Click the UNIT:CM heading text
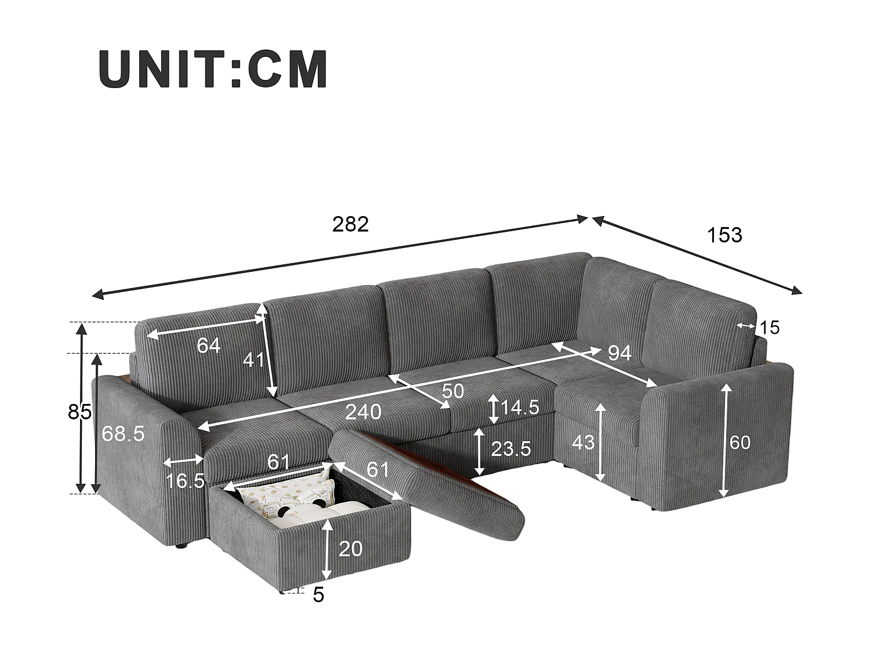213,69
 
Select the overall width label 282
350,224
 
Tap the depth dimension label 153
724,235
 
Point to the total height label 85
79,412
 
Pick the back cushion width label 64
209,345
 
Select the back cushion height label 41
253,360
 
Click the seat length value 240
364,412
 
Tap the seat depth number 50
453,391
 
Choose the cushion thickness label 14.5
520,408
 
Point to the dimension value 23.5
511,449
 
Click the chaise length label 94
619,352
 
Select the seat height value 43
583,442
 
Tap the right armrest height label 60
740,443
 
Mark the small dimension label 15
770,327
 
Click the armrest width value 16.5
186,480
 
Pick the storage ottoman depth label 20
350,548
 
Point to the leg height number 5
318,595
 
